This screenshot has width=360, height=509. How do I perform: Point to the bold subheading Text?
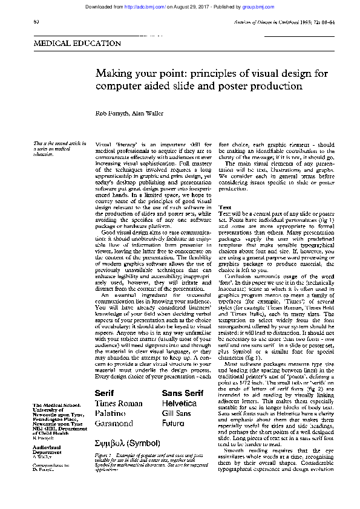point(224,207)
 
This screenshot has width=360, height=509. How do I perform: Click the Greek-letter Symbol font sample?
point(127,443)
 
